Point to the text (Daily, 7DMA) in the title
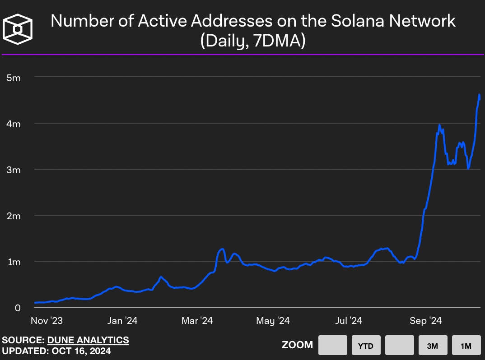pos(253,42)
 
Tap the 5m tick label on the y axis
pos(14,78)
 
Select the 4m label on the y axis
pos(14,124)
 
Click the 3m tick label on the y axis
pos(14,170)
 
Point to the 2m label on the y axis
pos(14,216)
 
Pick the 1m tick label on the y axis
pos(14,262)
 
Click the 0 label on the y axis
pos(18,308)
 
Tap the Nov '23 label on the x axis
pos(47,321)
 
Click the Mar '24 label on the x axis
pos(197,321)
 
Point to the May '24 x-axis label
pos(273,321)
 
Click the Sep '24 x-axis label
pos(425,321)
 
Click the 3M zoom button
pos(433,346)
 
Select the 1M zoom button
pos(466,346)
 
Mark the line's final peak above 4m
pos(479,94)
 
